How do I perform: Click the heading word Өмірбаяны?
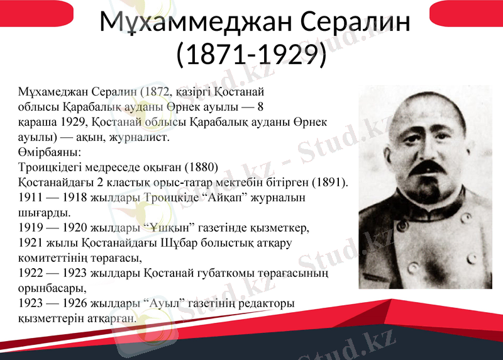pyautogui.click(x=50, y=152)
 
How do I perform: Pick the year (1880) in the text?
pyautogui.click(x=201, y=167)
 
